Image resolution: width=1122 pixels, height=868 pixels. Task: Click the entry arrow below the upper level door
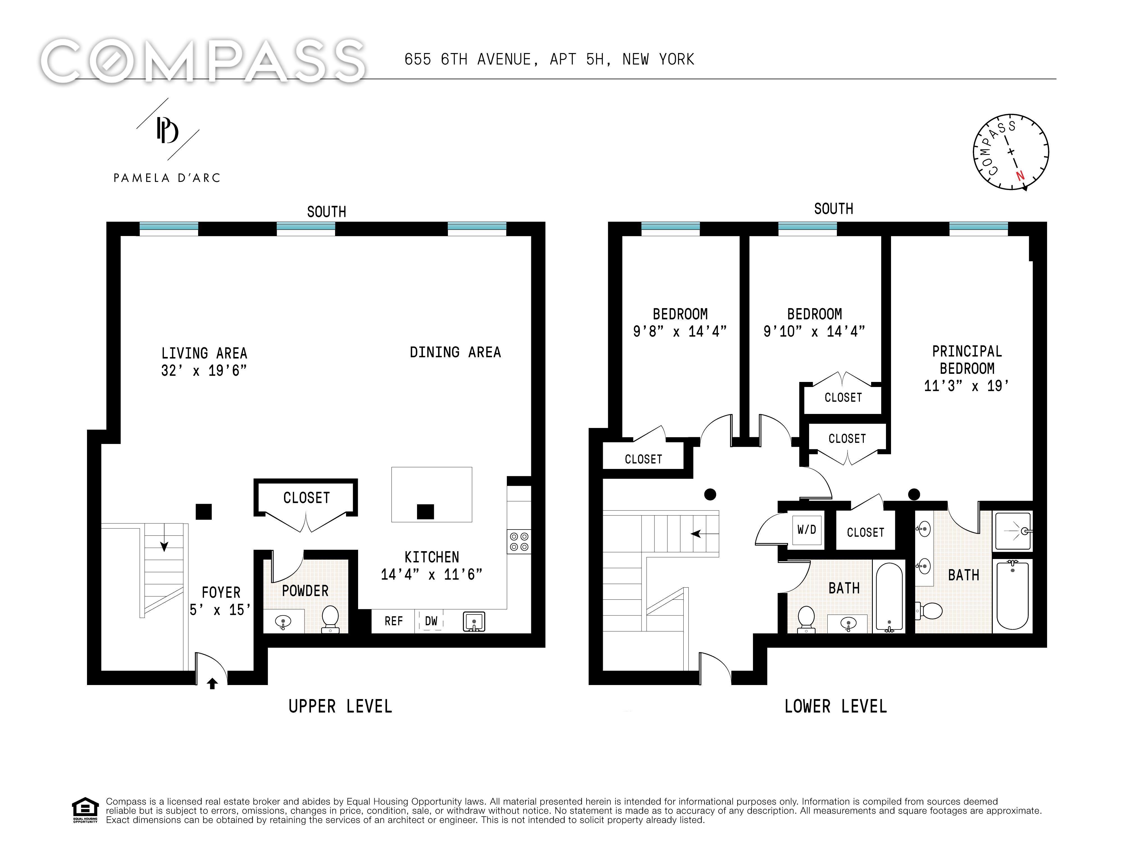pyautogui.click(x=212, y=683)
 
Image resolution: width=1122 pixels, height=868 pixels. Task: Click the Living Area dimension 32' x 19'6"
pyautogui.click(x=204, y=370)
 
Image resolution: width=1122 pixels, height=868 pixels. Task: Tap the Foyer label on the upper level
pyautogui.click(x=221, y=593)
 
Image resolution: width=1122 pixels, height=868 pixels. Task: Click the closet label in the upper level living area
pyautogui.click(x=306, y=498)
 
